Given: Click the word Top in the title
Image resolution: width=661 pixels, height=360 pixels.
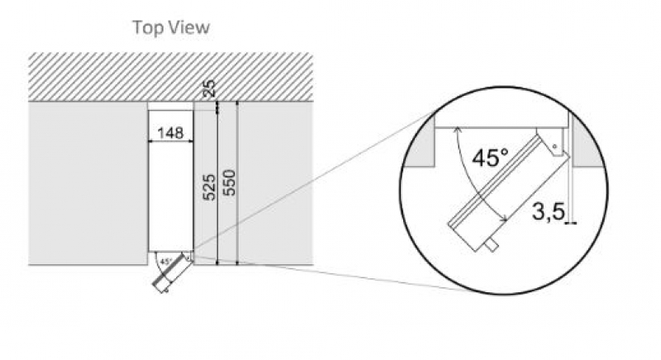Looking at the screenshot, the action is point(148,28).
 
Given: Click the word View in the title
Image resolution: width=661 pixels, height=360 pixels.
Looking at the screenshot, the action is point(189,27).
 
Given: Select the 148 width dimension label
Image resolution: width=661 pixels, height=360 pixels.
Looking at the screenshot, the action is point(171,133).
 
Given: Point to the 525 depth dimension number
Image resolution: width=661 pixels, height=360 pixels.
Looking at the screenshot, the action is point(209,187).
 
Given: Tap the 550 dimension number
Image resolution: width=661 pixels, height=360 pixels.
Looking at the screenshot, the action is point(229,182).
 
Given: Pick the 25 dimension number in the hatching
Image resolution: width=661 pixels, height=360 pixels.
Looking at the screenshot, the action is point(209,88).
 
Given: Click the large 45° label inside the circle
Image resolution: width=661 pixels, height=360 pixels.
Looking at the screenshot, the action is point(490,158).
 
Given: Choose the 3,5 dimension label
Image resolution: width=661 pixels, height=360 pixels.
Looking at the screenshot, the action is point(548,211).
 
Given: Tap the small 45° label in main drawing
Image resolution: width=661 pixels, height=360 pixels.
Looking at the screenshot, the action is point(167,262).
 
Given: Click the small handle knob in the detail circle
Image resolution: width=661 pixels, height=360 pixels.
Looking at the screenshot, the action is point(492,245).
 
